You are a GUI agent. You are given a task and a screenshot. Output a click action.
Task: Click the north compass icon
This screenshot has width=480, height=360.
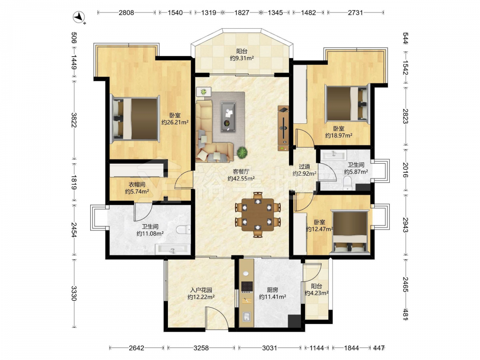tap(79, 17)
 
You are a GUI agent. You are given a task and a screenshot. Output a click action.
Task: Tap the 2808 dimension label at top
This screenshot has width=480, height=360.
tap(126, 12)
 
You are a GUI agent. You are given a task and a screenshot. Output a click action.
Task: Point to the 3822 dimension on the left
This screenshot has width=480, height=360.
tap(74, 120)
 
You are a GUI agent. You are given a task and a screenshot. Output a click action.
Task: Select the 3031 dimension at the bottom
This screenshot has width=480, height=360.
tap(269, 348)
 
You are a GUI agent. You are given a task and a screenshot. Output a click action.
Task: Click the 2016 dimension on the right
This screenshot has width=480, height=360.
tap(405, 170)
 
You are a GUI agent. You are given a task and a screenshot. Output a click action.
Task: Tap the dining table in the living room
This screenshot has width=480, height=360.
tap(258, 215)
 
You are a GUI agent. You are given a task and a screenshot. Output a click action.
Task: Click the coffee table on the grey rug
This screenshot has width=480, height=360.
tap(228, 117)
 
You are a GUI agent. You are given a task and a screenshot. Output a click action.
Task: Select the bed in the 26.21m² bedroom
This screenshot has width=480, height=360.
tap(135, 119)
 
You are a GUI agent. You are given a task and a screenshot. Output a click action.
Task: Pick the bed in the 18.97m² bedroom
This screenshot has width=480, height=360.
tap(347, 103)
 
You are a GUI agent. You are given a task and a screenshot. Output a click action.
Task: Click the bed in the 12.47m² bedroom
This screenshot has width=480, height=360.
tap(349, 231)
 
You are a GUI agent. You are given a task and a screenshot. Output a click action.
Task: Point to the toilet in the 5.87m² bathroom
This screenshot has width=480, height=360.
tap(348, 183)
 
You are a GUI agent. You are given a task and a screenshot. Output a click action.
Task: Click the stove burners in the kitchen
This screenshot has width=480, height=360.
tap(247, 286)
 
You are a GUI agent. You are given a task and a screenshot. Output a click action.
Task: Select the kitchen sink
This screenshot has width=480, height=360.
tap(246, 316)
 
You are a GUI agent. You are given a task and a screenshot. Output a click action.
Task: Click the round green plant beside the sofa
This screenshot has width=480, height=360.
tap(242, 152)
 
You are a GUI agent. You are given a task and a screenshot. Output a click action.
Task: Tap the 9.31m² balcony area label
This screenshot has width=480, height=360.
tap(242, 58)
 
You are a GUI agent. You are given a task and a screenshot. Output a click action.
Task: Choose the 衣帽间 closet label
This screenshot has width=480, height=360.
tap(137, 185)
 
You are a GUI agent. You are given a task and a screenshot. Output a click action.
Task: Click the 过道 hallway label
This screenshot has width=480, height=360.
tap(304, 167)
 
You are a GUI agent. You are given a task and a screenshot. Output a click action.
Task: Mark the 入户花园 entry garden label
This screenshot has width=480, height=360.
tap(201, 290)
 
